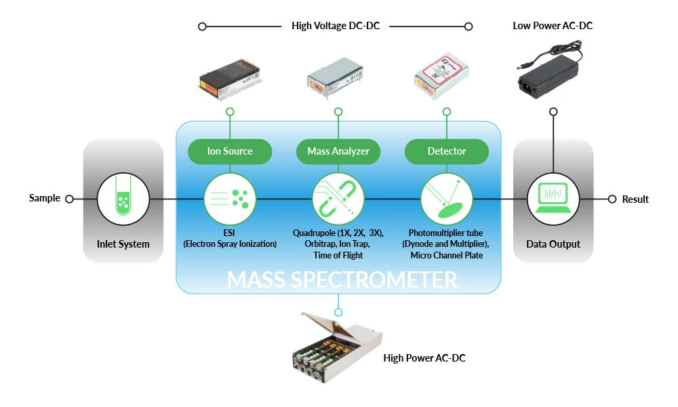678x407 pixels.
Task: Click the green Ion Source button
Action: pos(230,151)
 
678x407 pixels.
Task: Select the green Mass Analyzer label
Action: pos(338,151)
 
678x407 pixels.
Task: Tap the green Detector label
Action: pos(446,151)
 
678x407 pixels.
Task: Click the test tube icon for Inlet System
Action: pos(123,199)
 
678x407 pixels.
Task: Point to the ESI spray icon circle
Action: pos(230,199)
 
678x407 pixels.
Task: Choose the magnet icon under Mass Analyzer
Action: pos(338,199)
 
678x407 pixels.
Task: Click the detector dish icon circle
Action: pos(446,199)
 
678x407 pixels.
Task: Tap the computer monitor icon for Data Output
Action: pos(553,199)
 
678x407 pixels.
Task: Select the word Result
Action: pos(635,199)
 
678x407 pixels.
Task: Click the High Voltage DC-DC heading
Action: pos(336,26)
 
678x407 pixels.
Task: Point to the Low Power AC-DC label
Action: pos(553,26)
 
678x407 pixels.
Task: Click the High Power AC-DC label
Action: pos(424,358)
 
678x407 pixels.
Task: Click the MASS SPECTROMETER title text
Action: pos(342,279)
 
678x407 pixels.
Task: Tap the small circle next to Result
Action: pos(612,199)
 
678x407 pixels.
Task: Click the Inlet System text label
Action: pos(123,244)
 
